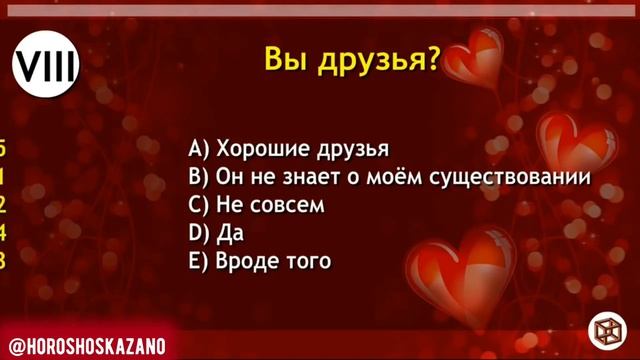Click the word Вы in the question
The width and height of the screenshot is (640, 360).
pyautogui.click(x=284, y=59)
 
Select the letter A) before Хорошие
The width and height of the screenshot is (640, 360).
pyautogui.click(x=198, y=150)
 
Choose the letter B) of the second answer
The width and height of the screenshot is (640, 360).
pyautogui.click(x=198, y=178)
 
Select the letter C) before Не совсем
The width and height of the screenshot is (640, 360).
pyautogui.click(x=198, y=206)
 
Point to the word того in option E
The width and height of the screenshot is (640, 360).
pyautogui.click(x=308, y=261)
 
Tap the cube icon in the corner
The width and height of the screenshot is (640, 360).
pyautogui.click(x=606, y=328)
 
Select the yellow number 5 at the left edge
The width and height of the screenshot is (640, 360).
pyautogui.click(x=3, y=150)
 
